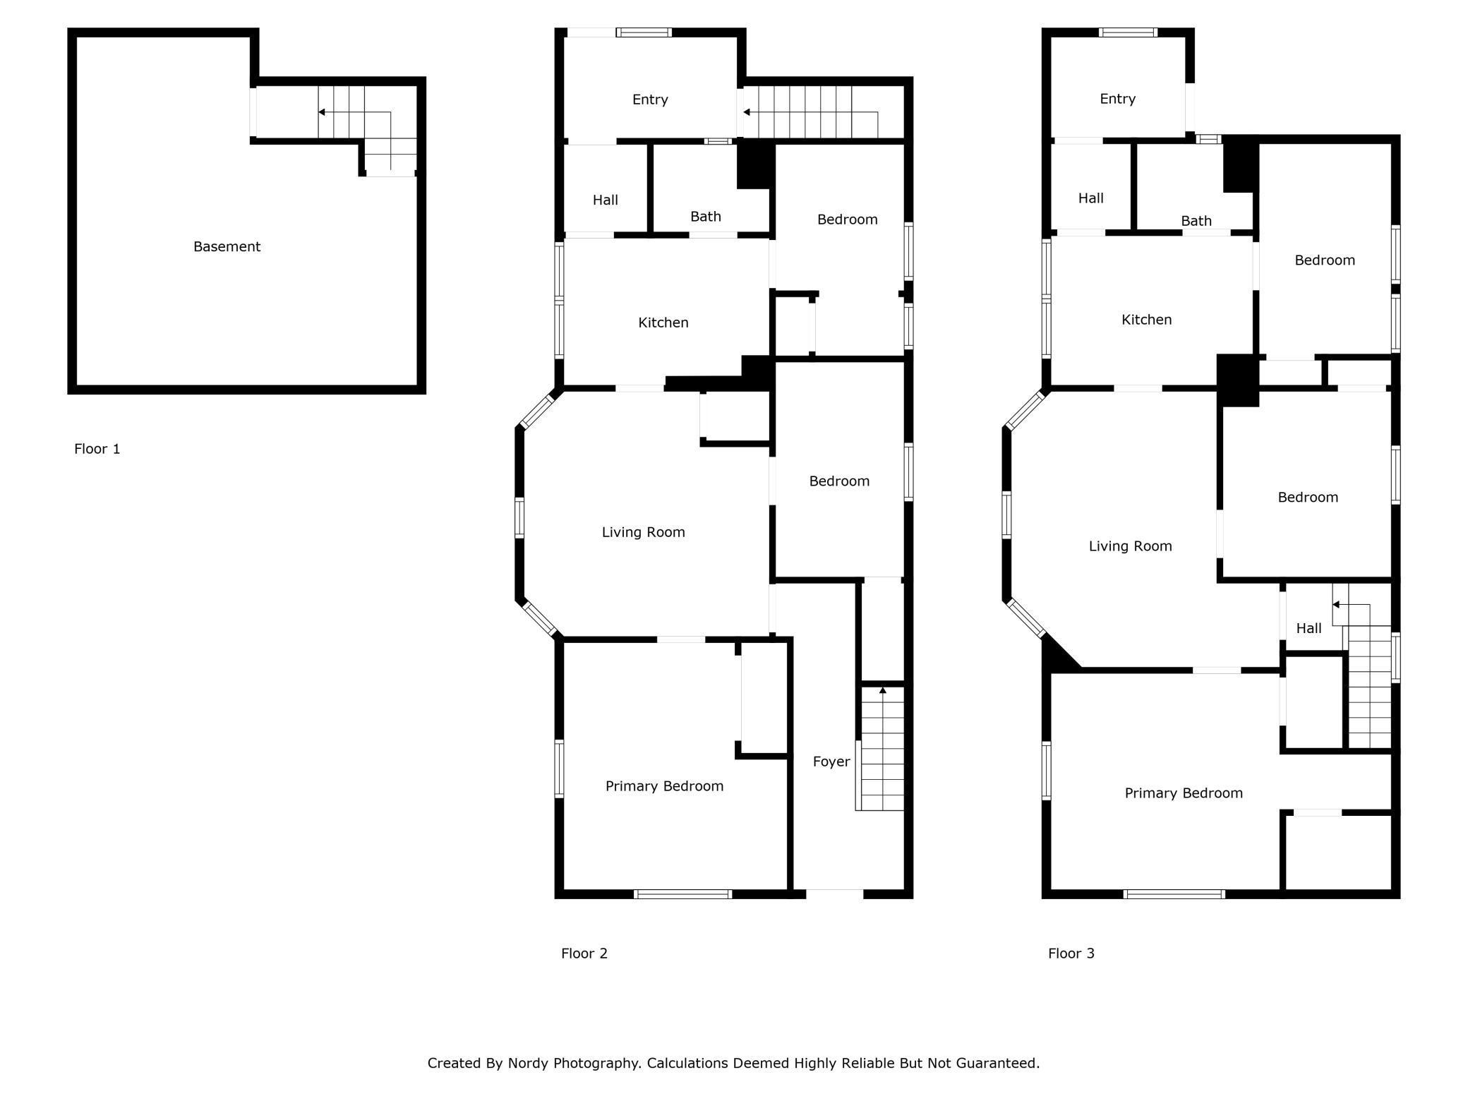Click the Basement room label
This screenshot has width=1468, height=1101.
point(227,246)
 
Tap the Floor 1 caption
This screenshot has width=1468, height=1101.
point(97,449)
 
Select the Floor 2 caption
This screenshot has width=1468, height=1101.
point(584,953)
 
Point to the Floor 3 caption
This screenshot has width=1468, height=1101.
point(1071,953)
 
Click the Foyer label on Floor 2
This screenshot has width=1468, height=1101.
point(831,762)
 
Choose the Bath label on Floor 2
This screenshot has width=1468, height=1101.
point(705,217)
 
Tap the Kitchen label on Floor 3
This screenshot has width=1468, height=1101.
point(1146,320)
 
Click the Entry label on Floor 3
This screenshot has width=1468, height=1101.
point(1117,99)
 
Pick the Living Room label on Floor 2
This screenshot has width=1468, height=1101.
point(643,532)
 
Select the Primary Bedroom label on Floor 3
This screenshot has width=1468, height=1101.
point(1183,793)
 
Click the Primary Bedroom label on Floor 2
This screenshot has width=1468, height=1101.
point(664,786)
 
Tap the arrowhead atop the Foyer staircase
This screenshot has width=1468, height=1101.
point(882,690)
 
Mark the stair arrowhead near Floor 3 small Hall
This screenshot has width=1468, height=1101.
point(1336,605)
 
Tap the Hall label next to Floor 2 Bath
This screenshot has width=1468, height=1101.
point(605,200)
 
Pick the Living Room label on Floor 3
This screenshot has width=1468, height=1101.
point(1130,546)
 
